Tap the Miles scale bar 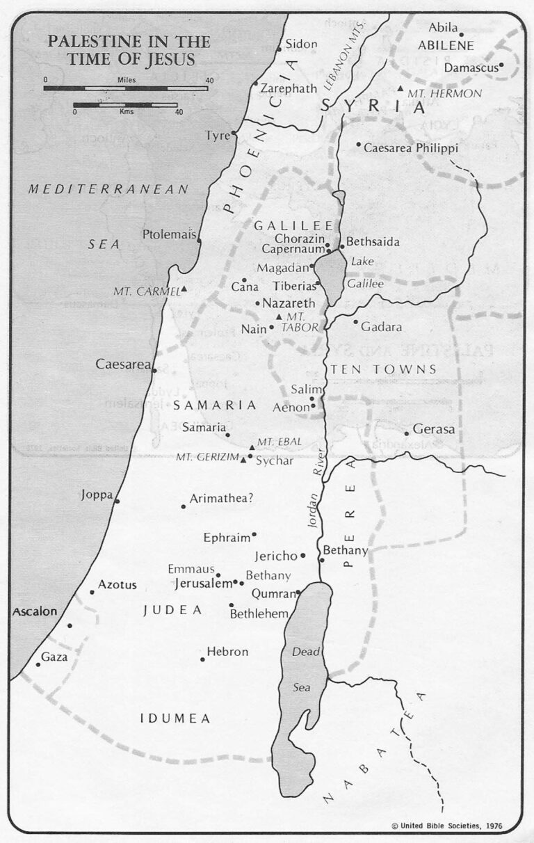[x=126, y=88]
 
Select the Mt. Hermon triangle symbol [x=400, y=89]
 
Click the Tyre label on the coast [x=217, y=135]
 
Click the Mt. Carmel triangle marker [x=184, y=289]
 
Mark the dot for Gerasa [x=407, y=433]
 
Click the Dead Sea [x=300, y=668]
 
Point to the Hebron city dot [x=202, y=659]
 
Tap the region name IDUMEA [x=175, y=718]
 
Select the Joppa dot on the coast [x=117, y=501]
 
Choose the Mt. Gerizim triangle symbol [x=243, y=459]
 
